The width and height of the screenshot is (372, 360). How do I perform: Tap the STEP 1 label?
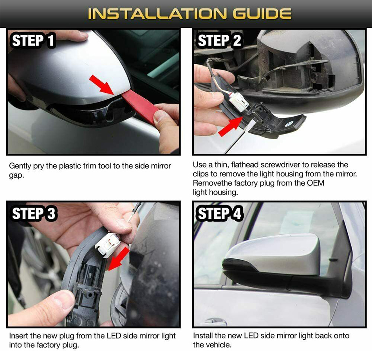pos(33,41)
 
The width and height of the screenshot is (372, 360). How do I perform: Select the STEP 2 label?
pos(219,41)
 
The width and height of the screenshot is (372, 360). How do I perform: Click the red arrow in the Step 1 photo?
pos(101,85)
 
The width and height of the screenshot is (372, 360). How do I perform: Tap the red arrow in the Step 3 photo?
pos(119,259)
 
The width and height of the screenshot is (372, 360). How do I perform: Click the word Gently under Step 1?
pos(20,166)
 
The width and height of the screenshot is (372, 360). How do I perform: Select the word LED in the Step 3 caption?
pos(114,336)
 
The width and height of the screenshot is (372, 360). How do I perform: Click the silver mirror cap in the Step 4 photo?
pos(275,254)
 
